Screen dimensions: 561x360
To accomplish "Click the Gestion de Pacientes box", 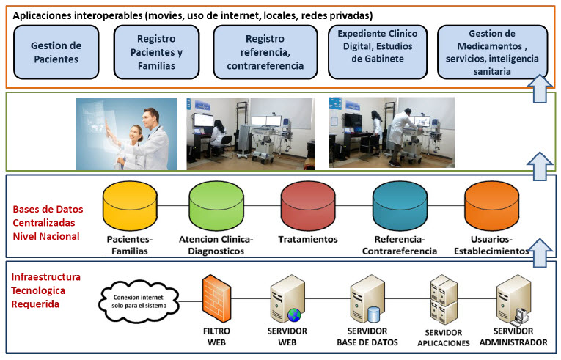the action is pyautogui.click(x=56, y=52).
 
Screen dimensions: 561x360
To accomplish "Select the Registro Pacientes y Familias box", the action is pyautogui.click(x=156, y=52).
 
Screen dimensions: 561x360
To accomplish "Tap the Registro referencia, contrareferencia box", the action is pyautogui.click(x=265, y=52).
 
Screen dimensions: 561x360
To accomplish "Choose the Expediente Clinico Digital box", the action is pyautogui.click(x=378, y=52).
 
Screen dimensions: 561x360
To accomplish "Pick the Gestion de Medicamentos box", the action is pyautogui.click(x=492, y=52).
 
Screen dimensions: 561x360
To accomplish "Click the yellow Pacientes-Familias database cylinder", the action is pyautogui.click(x=130, y=206).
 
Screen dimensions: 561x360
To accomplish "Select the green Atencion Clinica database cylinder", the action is pyautogui.click(x=216, y=206).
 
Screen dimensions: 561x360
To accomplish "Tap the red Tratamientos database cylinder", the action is pyautogui.click(x=308, y=206).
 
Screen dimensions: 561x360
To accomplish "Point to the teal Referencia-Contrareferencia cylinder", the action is pyautogui.click(x=400, y=206).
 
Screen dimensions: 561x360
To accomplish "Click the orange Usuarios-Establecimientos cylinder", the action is pyautogui.click(x=491, y=206).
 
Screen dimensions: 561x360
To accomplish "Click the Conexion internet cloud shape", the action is pyautogui.click(x=139, y=301).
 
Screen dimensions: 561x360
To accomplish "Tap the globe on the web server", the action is pyautogui.click(x=294, y=315).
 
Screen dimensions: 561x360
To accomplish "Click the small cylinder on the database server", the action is pyautogui.click(x=373, y=315).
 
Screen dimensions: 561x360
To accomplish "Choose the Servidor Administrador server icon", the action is pyautogui.click(x=513, y=300).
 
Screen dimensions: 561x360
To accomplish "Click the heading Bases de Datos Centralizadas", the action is pyautogui.click(x=48, y=216).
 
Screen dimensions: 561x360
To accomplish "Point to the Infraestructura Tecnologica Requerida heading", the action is pyautogui.click(x=45, y=290).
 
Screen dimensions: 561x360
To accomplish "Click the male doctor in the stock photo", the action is pyautogui.click(x=154, y=139).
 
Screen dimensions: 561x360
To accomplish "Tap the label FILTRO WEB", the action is pyautogui.click(x=216, y=337).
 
